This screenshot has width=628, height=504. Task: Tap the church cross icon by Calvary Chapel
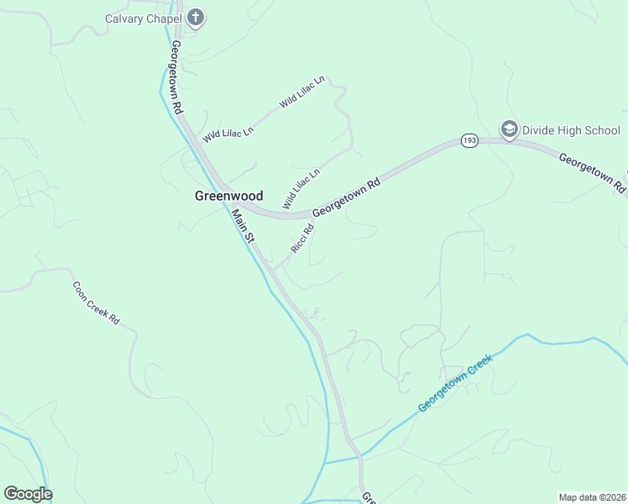point(196,17)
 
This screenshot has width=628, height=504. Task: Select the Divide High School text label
point(571,130)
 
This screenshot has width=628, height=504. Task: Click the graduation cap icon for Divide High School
point(509,129)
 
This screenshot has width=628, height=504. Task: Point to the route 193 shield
point(468,141)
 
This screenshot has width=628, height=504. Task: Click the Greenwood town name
point(228,196)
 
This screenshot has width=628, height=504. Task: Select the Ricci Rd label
point(302,239)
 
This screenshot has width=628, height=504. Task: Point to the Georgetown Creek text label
point(454,383)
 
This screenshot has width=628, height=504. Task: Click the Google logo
point(28,494)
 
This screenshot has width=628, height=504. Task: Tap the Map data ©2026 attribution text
point(591,497)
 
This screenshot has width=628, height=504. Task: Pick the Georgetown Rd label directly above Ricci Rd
point(346,196)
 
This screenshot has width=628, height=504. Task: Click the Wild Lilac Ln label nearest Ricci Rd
point(301,189)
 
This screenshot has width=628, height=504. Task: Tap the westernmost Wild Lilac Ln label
point(228,133)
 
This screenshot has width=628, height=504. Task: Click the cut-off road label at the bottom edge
point(368,498)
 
